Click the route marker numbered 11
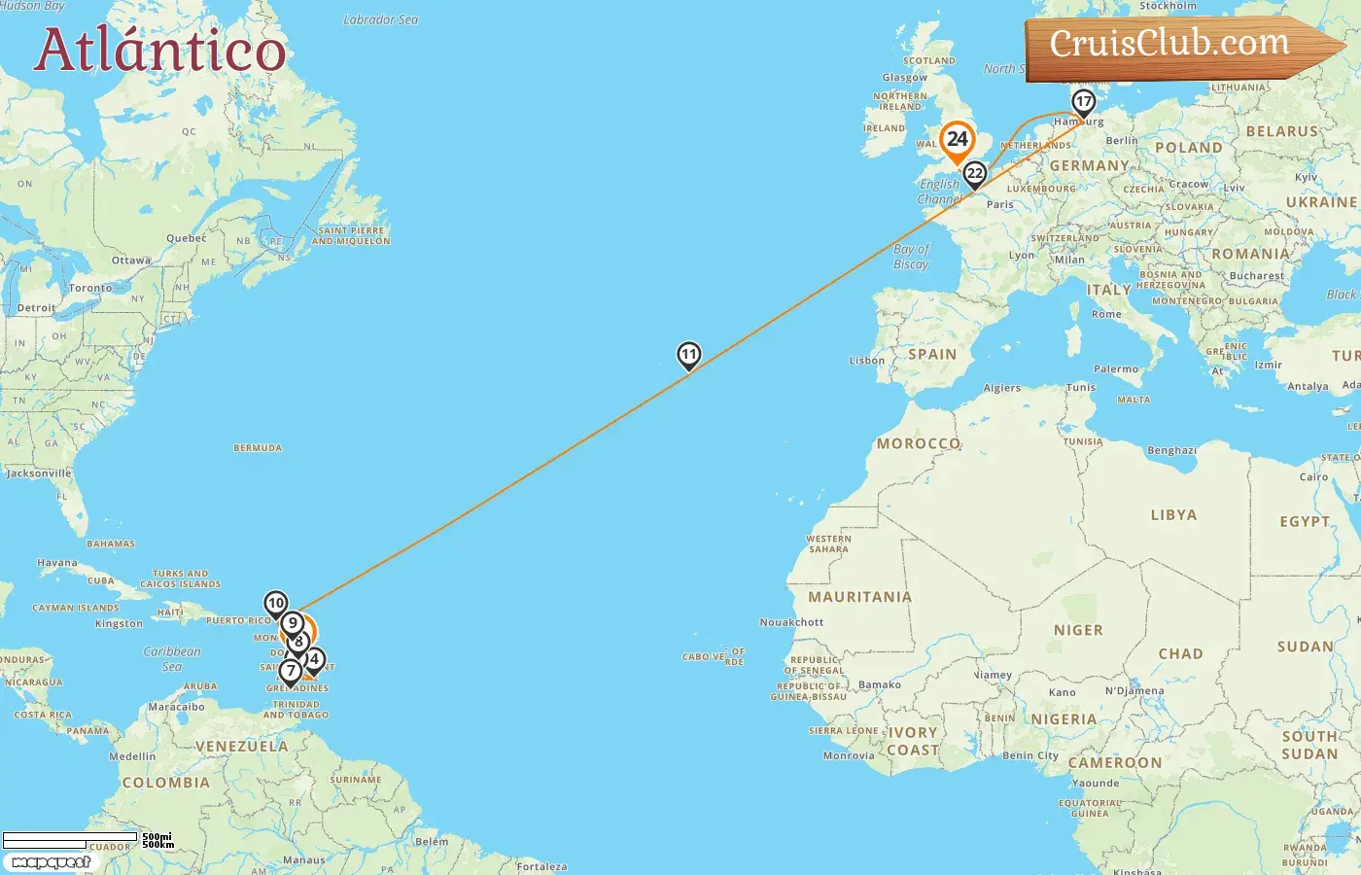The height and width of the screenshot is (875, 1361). click(688, 356)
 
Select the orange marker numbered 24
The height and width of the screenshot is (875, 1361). click(958, 140)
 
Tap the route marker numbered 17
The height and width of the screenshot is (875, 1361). click(1083, 102)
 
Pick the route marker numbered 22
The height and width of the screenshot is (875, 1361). click(974, 174)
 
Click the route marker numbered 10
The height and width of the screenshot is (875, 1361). click(276, 604)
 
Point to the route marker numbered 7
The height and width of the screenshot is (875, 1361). click(290, 671)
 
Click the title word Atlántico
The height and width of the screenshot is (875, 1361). click(160, 51)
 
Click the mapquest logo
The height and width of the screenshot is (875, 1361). click(51, 862)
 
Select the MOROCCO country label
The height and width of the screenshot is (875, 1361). click(919, 443)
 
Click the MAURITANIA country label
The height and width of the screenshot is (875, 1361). click(859, 597)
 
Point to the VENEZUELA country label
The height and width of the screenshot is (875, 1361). click(241, 747)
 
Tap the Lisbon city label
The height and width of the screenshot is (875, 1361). click(867, 361)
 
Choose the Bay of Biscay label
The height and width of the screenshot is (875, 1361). click(911, 257)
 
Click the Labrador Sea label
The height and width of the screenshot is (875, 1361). click(380, 19)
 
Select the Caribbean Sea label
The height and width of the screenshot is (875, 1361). click(172, 659)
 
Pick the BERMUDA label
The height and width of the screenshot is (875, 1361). click(258, 448)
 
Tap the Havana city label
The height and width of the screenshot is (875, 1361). click(56, 563)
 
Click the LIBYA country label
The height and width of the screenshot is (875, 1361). click(1173, 515)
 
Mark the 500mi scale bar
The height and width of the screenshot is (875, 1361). click(70, 836)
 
